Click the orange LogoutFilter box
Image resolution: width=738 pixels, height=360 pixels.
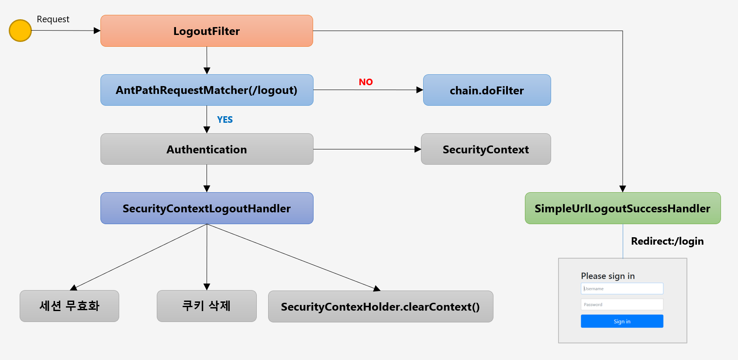pyautogui.click(x=207, y=31)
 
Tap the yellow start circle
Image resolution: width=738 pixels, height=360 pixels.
pyautogui.click(x=20, y=31)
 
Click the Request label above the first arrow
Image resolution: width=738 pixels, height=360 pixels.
pyautogui.click(x=53, y=19)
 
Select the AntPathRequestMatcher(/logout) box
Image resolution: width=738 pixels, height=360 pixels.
pyautogui.click(x=207, y=90)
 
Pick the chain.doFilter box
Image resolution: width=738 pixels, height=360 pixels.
pyautogui.click(x=487, y=90)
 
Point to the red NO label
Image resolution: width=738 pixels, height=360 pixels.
pyautogui.click(x=366, y=82)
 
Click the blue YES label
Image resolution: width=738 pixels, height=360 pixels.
pyautogui.click(x=225, y=120)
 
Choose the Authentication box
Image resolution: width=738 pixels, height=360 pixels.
pyautogui.click(x=207, y=149)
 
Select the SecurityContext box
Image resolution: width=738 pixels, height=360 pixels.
pyautogui.click(x=486, y=149)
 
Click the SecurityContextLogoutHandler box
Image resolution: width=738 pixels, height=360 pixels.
pyautogui.click(x=207, y=208)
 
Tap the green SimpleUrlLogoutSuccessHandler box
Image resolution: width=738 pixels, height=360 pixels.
pyautogui.click(x=623, y=208)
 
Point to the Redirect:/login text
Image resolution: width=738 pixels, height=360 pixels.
pyautogui.click(x=667, y=241)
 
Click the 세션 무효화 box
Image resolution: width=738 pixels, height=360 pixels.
pyautogui.click(x=69, y=306)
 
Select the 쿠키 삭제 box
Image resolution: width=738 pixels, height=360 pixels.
pyautogui.click(x=207, y=306)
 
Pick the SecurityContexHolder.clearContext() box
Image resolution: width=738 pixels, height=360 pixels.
pyautogui.click(x=380, y=307)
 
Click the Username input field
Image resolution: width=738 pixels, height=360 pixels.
pyautogui.click(x=622, y=288)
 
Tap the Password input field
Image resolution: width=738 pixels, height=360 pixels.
pyautogui.click(x=622, y=304)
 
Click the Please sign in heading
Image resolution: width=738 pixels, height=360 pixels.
pyautogui.click(x=608, y=276)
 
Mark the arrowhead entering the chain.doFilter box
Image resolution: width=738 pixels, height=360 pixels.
pyautogui.click(x=420, y=90)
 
